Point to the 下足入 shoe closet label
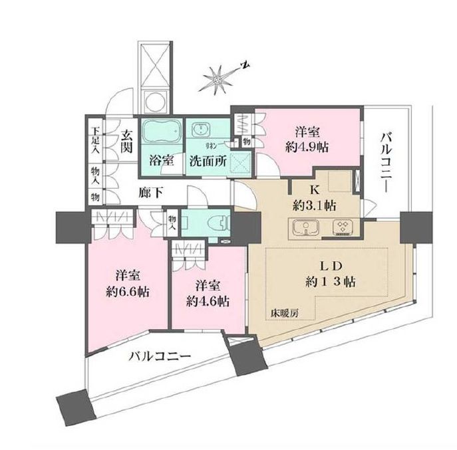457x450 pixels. (x=96, y=142)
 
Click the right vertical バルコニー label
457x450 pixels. (x=385, y=162)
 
